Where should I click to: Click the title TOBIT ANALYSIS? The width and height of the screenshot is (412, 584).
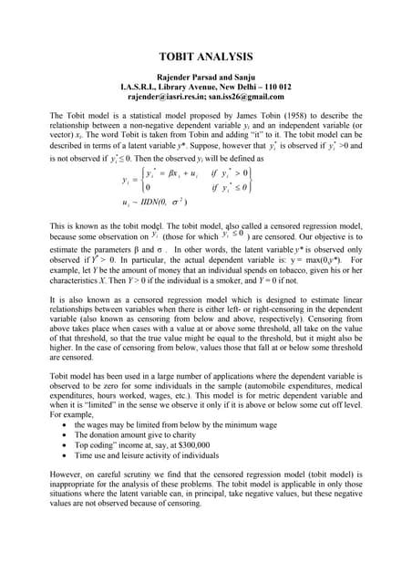pos(205,56)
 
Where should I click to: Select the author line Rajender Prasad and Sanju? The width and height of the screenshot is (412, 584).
pos(205,78)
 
